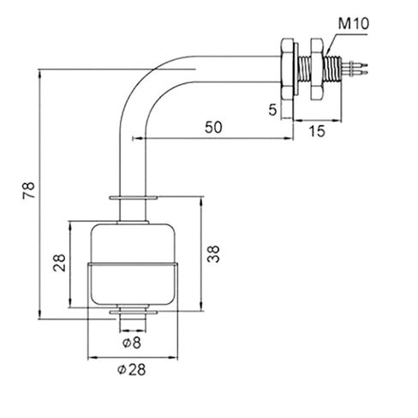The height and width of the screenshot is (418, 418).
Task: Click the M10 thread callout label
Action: (353, 24)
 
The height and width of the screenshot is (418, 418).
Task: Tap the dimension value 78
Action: (29, 190)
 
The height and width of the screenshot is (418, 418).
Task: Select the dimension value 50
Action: (213, 127)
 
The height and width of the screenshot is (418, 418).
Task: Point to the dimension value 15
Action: (317, 131)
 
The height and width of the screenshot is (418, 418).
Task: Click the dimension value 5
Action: (273, 110)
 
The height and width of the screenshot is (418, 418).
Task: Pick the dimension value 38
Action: (213, 254)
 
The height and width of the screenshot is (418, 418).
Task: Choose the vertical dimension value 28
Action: (59, 262)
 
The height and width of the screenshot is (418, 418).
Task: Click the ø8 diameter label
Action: (132, 343)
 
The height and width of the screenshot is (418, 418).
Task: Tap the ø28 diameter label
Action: (131, 369)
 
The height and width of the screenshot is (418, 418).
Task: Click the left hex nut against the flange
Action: (287, 69)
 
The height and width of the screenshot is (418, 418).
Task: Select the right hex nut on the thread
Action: (317, 69)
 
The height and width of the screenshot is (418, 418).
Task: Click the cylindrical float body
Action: (133, 264)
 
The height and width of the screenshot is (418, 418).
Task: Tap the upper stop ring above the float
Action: (133, 198)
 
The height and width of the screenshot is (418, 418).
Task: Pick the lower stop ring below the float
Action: (133, 313)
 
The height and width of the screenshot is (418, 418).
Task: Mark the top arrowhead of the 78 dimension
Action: (39, 74)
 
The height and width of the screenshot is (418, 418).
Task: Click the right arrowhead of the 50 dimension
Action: (289, 139)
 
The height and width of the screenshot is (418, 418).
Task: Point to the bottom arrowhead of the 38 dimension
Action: (201, 307)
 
